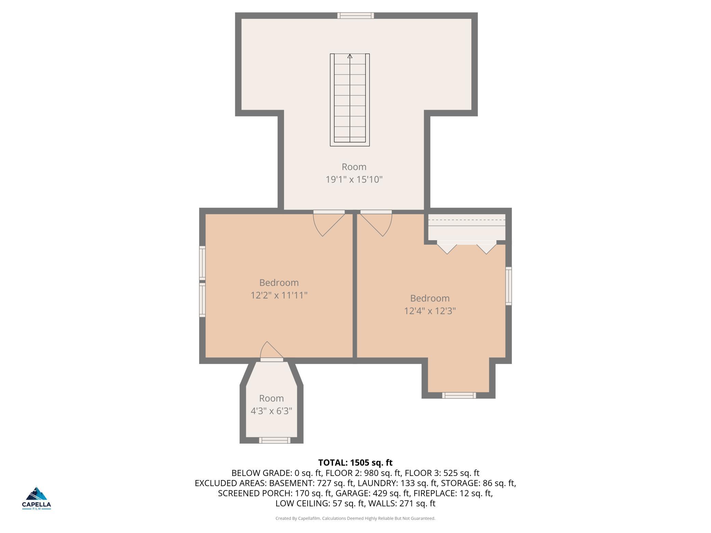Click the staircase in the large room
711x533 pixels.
[x=350, y=100]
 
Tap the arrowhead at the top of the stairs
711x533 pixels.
[x=350, y=56]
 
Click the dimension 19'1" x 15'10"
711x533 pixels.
[x=354, y=179]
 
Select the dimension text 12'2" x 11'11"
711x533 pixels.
[x=279, y=295]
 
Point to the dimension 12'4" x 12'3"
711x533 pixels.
[x=430, y=311]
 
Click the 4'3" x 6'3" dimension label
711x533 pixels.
[x=271, y=411]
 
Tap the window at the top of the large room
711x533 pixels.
[x=355, y=15]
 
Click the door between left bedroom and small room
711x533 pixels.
[x=272, y=352]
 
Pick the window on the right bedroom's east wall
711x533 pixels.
[x=509, y=286]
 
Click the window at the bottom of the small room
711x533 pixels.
[x=274, y=440]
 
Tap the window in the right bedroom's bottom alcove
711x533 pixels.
[x=459, y=395]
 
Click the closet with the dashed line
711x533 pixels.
[x=467, y=227]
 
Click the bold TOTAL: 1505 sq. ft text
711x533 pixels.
[x=355, y=463]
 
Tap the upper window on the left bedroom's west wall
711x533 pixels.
[x=202, y=262]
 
